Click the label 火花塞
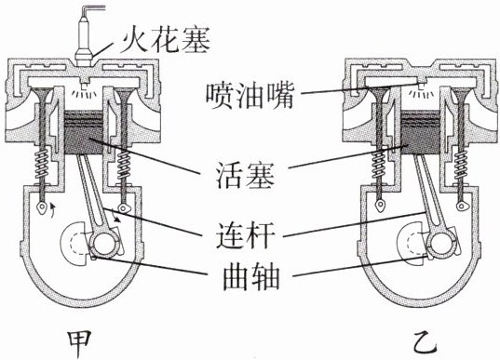coord(165,42)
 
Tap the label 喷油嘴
coord(250,96)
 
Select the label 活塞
coord(245,175)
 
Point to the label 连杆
coord(245,235)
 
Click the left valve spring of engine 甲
coord(43,164)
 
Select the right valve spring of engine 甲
coord(124,165)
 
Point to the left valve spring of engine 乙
coord(379,165)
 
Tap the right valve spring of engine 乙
coord(461,165)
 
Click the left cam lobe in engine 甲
coord(42,207)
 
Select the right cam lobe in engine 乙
coord(461,207)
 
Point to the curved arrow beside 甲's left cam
coord(53,209)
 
